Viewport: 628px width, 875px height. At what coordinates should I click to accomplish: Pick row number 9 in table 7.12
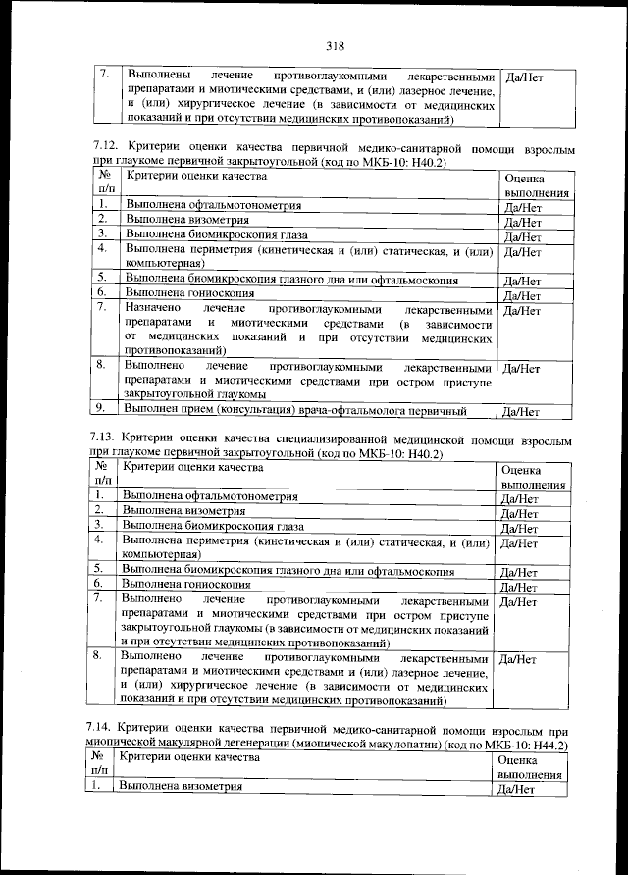coord(100,409)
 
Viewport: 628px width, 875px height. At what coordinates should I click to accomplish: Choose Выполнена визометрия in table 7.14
coord(179,787)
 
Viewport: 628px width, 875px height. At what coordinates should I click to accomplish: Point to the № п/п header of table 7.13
coord(102,475)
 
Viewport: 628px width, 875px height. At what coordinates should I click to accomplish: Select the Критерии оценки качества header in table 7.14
coord(187,759)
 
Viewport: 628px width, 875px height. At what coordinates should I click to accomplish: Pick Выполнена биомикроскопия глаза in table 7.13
coord(213,526)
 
